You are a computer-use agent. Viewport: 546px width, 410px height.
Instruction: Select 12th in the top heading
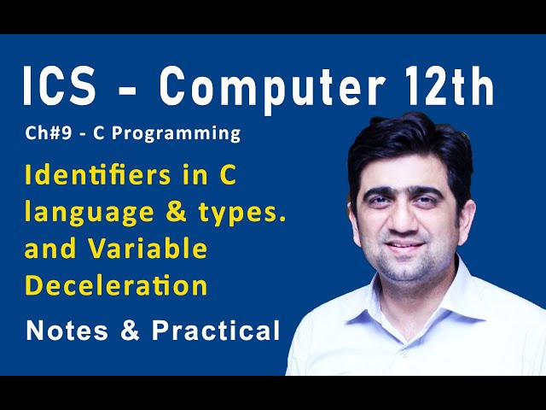448,88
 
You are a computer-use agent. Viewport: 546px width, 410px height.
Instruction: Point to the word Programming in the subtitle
188,134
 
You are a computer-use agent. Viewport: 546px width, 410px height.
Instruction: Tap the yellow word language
84,214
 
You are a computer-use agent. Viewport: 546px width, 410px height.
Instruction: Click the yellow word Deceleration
117,284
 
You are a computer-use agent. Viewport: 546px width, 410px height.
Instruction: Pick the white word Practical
216,331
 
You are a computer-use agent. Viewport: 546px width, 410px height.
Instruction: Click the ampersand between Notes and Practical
131,331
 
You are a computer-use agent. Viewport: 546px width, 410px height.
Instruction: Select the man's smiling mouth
409,246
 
